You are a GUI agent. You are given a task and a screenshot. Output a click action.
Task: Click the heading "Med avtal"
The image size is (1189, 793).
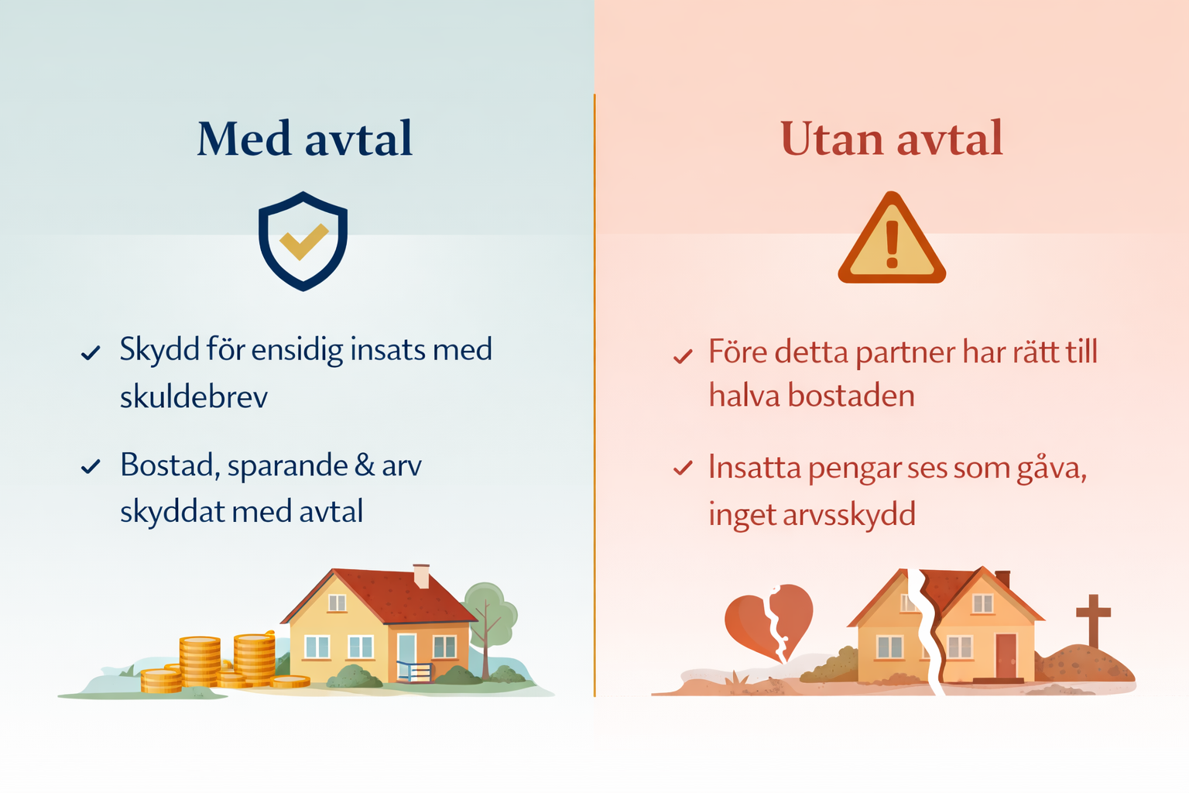305,139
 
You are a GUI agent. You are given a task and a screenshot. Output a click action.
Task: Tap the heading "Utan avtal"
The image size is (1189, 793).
892,139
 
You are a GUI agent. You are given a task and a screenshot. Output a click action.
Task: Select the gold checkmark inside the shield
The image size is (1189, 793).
304,242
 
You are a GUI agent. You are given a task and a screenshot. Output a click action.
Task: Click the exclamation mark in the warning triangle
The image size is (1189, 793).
893,244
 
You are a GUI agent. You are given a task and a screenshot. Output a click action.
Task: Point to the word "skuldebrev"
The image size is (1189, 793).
194,396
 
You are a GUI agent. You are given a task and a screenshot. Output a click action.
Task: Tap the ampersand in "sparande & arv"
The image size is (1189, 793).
364,465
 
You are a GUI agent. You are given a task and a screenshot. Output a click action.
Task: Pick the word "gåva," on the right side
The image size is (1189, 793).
1051,469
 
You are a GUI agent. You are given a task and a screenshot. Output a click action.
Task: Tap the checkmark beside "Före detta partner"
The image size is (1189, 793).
683,356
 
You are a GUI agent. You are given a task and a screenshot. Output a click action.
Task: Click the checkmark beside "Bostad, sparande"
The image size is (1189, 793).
91,466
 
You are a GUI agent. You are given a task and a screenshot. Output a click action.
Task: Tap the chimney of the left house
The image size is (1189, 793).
421,575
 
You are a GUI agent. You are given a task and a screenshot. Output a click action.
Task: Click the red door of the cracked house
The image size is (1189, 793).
1006,657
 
